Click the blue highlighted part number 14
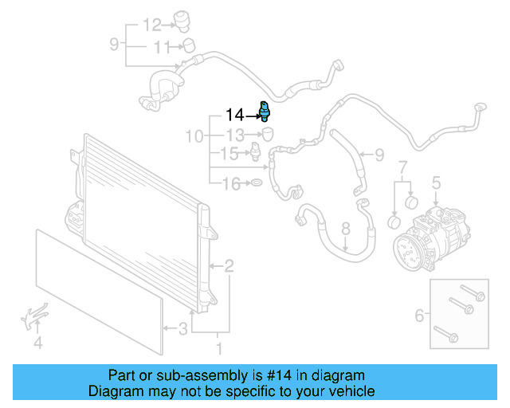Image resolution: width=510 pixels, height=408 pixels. pyautogui.click(x=265, y=111)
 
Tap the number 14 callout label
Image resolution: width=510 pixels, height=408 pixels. pyautogui.click(x=236, y=115)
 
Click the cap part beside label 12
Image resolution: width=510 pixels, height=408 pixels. pyautogui.click(x=188, y=20)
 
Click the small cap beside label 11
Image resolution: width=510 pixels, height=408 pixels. pyautogui.click(x=189, y=44)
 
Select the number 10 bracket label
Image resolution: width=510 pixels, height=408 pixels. pyautogui.click(x=194, y=136)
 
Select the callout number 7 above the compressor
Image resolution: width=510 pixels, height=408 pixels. pyautogui.click(x=402, y=167)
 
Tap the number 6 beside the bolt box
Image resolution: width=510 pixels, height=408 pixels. pyautogui.click(x=419, y=316)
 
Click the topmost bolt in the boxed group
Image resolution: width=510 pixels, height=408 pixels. pyautogui.click(x=468, y=292)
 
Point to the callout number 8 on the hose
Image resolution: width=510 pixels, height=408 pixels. pyautogui.click(x=345, y=229)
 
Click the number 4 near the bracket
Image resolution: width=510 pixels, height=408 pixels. pyautogui.click(x=37, y=344)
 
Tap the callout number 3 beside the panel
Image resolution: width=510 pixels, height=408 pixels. pyautogui.click(x=182, y=328)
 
